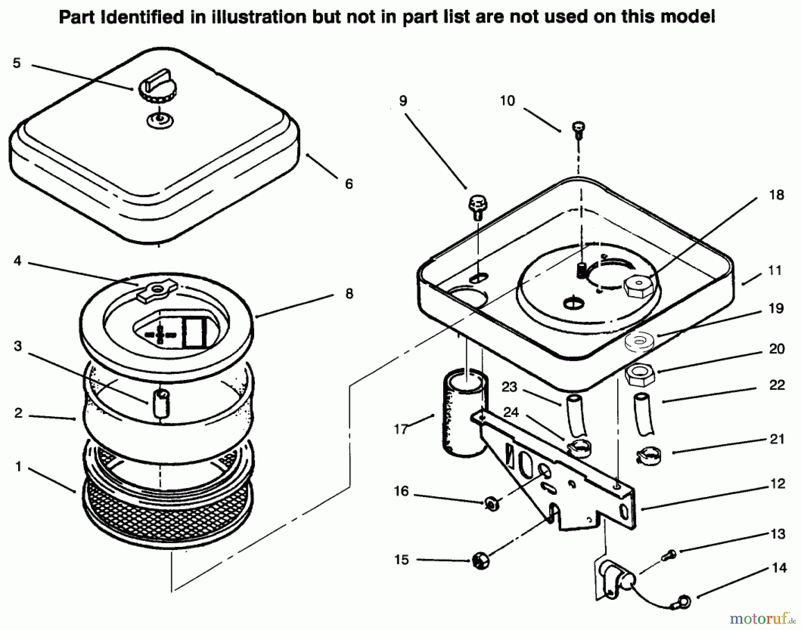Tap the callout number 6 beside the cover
(x=349, y=184)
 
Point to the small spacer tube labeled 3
(x=161, y=403)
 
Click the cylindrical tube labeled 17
(x=464, y=413)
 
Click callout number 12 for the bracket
(x=777, y=483)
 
